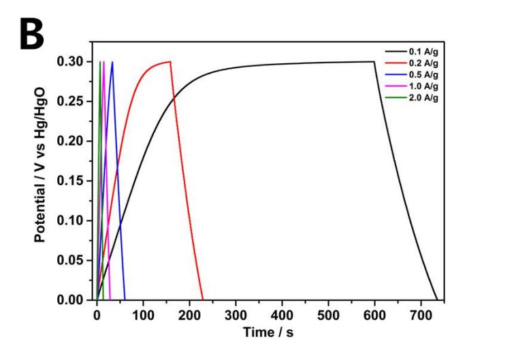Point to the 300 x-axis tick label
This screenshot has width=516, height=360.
236,314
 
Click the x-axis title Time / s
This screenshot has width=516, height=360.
270,332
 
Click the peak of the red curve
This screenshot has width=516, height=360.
170,61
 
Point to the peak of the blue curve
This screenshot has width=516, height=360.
112,62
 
